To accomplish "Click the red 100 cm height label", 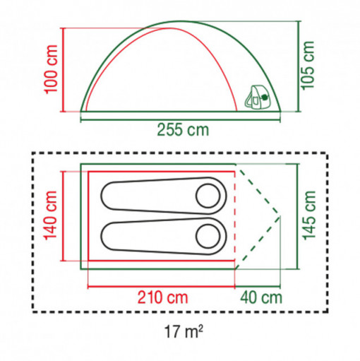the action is point(51,69).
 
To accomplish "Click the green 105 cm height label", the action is point(308,66).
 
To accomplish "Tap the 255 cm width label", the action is point(183,130).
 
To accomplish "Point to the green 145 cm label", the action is point(309,215).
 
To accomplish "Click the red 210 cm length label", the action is point(162,297).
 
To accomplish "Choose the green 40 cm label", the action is point(261,297).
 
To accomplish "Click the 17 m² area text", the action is point(183,331).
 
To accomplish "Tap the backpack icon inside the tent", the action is point(257,97).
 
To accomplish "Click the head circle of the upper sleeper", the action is point(208,196).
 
